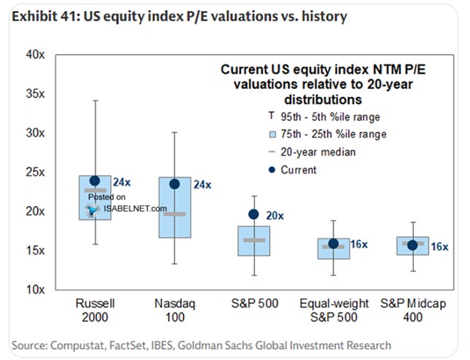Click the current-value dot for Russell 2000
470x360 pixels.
[x=94, y=180]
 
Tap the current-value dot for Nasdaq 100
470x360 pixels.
[x=174, y=183]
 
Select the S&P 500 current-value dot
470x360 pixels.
[x=254, y=214]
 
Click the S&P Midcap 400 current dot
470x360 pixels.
[x=413, y=245]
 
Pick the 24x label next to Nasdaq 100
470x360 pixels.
[x=201, y=185]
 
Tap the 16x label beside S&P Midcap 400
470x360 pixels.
[x=439, y=246]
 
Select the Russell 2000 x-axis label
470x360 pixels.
[x=94, y=310]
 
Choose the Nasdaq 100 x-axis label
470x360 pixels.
[x=174, y=310]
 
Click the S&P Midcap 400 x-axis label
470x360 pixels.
[x=413, y=310]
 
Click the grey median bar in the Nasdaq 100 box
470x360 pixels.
[x=174, y=214]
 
